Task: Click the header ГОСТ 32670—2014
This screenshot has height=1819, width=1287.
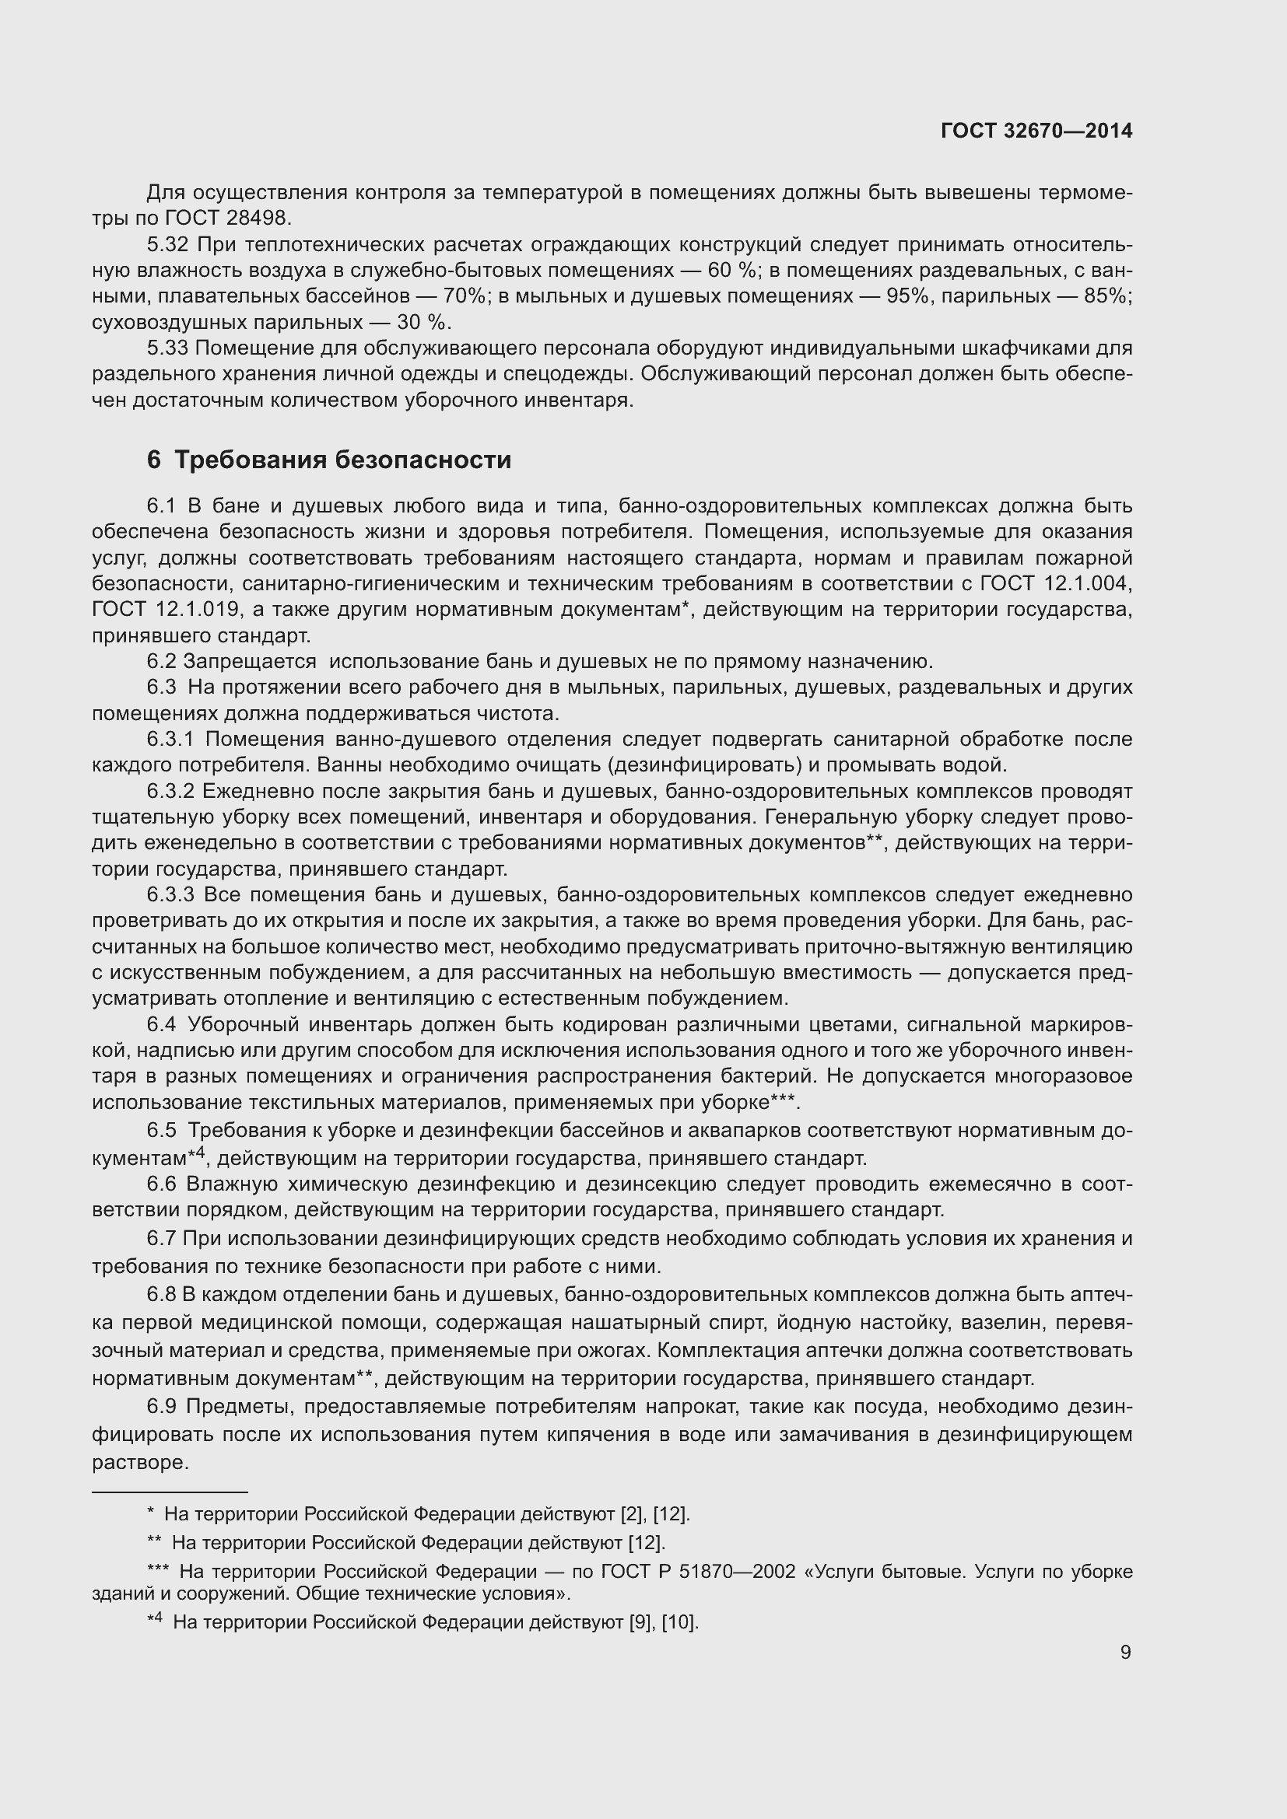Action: coord(1036,131)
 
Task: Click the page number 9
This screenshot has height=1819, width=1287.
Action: coord(1125,1652)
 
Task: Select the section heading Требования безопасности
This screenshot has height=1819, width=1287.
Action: coord(342,460)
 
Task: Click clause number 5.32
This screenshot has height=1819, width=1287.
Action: coord(168,245)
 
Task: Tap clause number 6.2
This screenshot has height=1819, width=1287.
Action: coord(162,662)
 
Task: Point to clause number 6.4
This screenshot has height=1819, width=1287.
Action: coord(162,1024)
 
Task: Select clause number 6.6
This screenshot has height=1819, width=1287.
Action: coord(162,1184)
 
